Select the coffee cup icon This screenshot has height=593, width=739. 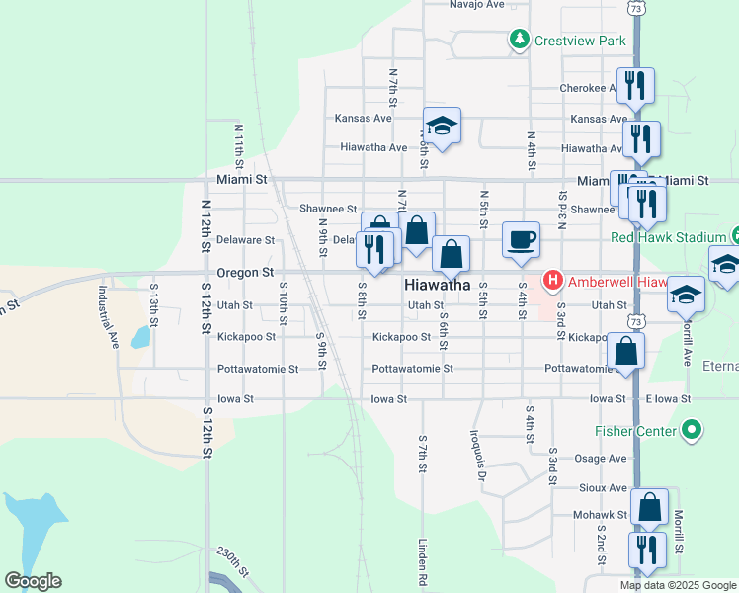click(x=521, y=239)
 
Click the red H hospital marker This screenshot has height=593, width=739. click(x=552, y=281)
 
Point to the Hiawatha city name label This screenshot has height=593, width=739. click(x=437, y=285)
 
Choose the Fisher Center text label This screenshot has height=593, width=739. click(x=635, y=431)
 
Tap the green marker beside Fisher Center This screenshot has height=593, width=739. click(x=692, y=430)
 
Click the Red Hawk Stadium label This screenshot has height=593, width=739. click(x=668, y=237)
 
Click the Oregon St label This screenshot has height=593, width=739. click(x=245, y=272)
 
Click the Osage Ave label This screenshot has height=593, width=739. click(x=601, y=459)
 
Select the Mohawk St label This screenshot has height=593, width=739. click(x=601, y=515)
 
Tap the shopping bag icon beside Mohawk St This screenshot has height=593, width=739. click(x=649, y=508)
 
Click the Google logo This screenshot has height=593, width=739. click(x=33, y=581)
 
